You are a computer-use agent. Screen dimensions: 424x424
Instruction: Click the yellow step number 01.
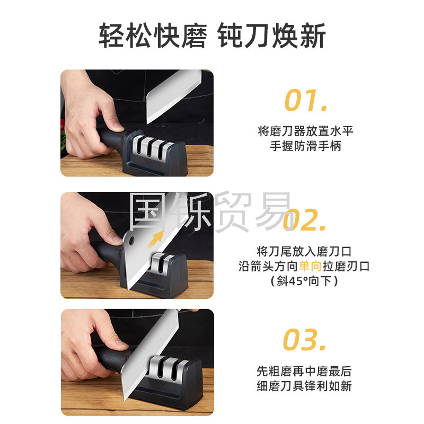(x=306, y=100)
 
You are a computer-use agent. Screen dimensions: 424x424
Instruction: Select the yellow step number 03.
(x=304, y=339)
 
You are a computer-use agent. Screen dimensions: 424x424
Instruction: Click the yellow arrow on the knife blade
(x=156, y=239)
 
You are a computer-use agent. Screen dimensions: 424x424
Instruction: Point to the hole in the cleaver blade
(x=131, y=241)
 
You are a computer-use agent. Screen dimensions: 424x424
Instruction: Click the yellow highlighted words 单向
(x=310, y=267)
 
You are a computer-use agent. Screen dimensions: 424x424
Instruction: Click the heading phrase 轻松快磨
(x=153, y=36)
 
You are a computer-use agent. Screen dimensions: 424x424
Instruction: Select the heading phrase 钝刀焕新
(x=271, y=36)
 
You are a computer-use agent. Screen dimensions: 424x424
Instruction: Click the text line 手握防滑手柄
(x=306, y=146)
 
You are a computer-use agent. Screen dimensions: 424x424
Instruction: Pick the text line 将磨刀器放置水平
(x=306, y=131)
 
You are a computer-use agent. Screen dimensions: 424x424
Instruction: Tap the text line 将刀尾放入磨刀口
(x=304, y=251)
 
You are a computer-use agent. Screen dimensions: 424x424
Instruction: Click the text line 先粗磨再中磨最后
(x=304, y=372)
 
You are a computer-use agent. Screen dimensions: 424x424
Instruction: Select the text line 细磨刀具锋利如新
(x=304, y=386)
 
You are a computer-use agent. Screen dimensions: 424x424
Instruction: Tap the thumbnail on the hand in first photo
(x=118, y=125)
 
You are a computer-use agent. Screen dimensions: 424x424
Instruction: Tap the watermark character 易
(x=273, y=211)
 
